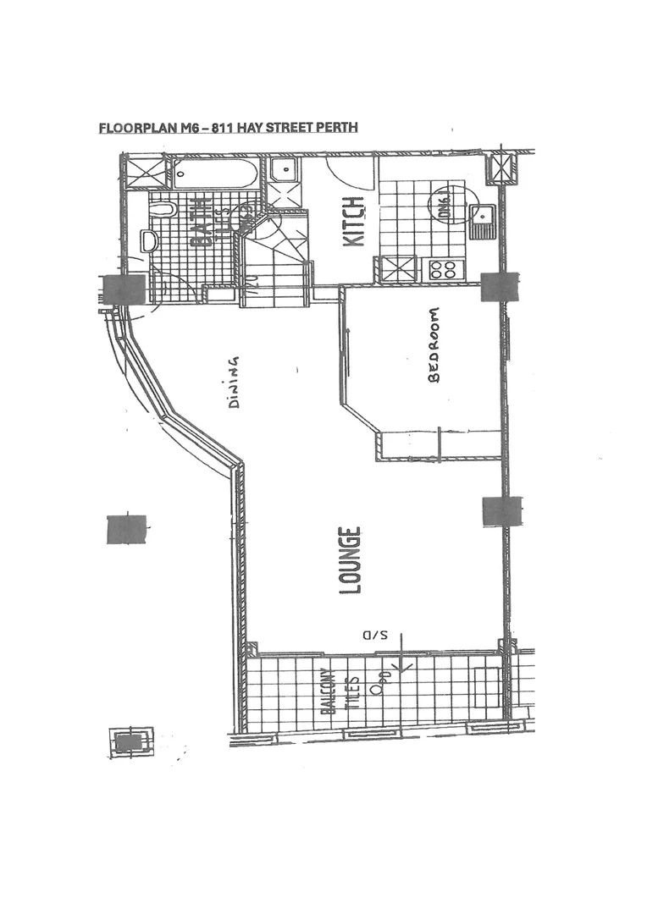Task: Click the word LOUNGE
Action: point(351,560)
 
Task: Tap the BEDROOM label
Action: point(435,345)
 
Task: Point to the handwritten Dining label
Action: point(234,382)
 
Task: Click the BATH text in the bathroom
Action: point(202,223)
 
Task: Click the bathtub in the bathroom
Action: point(216,174)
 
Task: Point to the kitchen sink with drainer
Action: point(484,222)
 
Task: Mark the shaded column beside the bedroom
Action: point(499,287)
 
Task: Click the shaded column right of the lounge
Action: point(499,510)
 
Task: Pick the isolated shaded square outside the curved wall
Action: point(126,529)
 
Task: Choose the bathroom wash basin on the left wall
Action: point(150,242)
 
